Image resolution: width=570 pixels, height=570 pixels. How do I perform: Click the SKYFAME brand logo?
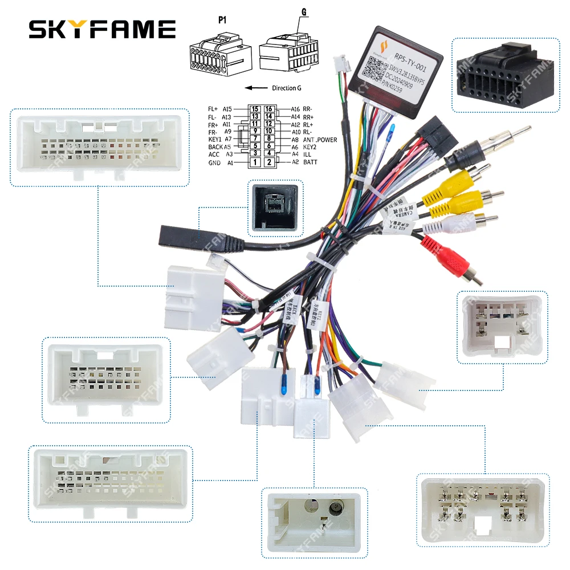point(103,28)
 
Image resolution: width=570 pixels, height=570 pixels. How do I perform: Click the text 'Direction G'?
point(286,88)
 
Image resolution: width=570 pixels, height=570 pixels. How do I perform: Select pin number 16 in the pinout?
point(270,109)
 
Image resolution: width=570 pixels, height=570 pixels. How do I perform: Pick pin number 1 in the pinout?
point(255,162)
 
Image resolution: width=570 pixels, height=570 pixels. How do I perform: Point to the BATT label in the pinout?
point(310,162)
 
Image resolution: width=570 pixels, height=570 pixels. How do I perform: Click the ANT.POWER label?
point(320,140)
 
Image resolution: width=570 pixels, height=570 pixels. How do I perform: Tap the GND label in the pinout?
point(214,162)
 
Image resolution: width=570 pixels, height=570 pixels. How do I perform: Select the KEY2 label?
point(311,147)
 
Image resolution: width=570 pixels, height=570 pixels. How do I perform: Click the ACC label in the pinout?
point(214,154)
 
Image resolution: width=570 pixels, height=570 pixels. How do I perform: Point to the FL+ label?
point(213,109)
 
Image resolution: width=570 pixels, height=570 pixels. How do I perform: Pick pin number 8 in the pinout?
point(270,140)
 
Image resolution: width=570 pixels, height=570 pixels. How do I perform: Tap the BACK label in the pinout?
point(215,147)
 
